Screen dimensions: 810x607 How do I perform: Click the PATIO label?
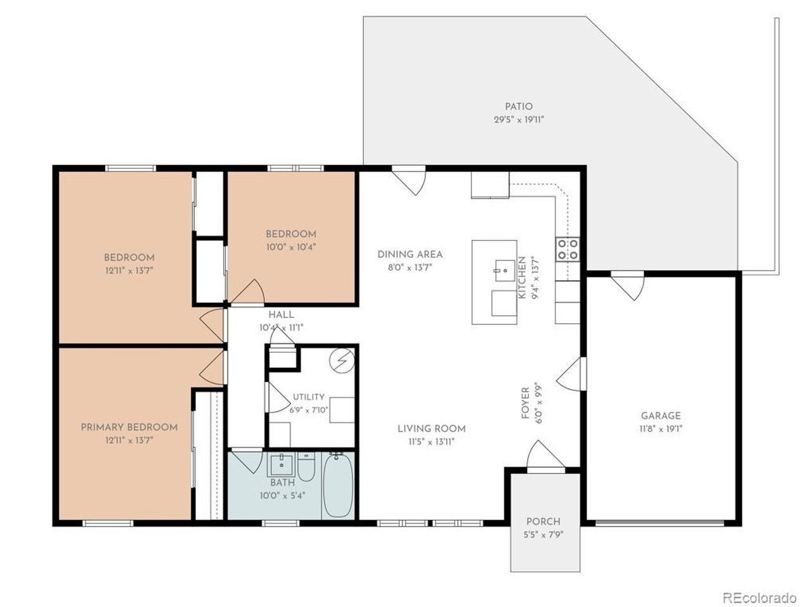click(x=518, y=106)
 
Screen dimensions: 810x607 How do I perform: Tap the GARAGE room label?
click(x=661, y=415)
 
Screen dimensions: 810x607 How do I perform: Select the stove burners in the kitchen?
click(x=568, y=250)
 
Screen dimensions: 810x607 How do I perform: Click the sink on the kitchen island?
click(x=505, y=271)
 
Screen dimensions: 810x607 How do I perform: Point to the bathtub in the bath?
click(x=338, y=486)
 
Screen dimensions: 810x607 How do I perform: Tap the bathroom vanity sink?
click(x=282, y=465)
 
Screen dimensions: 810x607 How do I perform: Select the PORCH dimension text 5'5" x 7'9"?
click(x=544, y=534)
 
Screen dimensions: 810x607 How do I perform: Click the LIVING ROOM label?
click(x=432, y=429)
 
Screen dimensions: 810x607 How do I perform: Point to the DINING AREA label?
click(x=410, y=254)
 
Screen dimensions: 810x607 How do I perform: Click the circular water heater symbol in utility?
click(x=342, y=360)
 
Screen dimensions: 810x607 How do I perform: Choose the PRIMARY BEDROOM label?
click(x=129, y=427)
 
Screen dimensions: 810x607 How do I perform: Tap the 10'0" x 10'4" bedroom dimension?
click(x=291, y=247)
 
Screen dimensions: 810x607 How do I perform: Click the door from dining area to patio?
click(x=409, y=180)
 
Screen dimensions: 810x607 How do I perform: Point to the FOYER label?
click(x=525, y=403)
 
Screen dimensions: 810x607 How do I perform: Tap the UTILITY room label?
click(x=309, y=397)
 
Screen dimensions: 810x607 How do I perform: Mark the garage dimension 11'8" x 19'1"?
click(x=661, y=429)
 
